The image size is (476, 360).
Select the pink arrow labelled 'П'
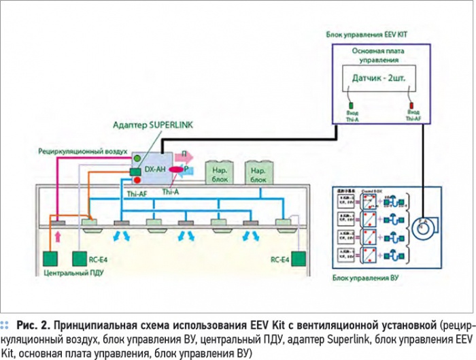pyautogui.click(x=188, y=158)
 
